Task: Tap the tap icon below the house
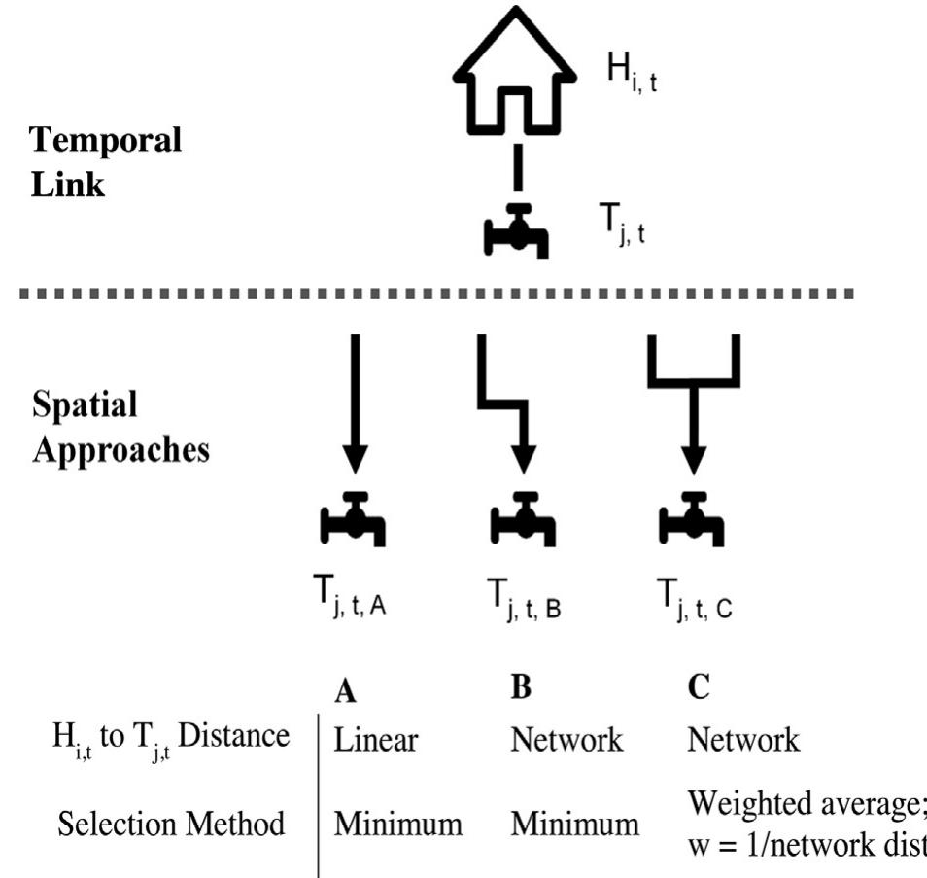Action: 516,231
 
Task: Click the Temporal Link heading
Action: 106,161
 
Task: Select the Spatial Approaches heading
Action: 120,429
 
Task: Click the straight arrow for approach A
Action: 355,404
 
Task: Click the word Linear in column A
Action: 376,741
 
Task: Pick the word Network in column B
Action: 567,741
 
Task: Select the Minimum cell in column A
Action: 398,825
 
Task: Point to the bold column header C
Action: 697,690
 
